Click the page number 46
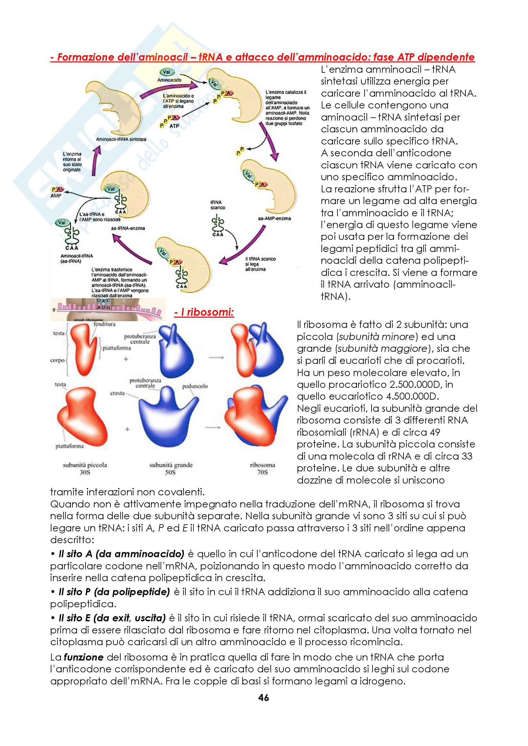pyautogui.click(x=263, y=697)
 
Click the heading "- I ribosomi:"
pyautogui.click(x=204, y=312)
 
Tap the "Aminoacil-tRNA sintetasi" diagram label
pyautogui.click(x=121, y=139)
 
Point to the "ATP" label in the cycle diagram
pyautogui.click(x=174, y=126)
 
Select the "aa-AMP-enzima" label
pyautogui.click(x=275, y=218)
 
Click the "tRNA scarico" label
pyautogui.click(x=217, y=205)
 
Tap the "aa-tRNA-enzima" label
pyautogui.click(x=128, y=228)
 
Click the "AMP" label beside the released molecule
pyautogui.click(x=56, y=196)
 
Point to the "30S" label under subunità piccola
pyautogui.click(x=85, y=472)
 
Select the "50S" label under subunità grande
pyautogui.click(x=170, y=472)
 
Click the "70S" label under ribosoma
pyautogui.click(x=262, y=472)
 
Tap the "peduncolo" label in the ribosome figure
pyautogui.click(x=195, y=386)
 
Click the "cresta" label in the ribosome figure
pyautogui.click(x=117, y=393)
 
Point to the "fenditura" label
pyautogui.click(x=104, y=324)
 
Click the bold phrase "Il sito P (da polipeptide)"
pyautogui.click(x=114, y=592)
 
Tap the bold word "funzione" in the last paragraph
pyautogui.click(x=84, y=657)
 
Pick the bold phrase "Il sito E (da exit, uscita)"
pyautogui.click(x=112, y=618)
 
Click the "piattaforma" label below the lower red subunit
pyautogui.click(x=70, y=446)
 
